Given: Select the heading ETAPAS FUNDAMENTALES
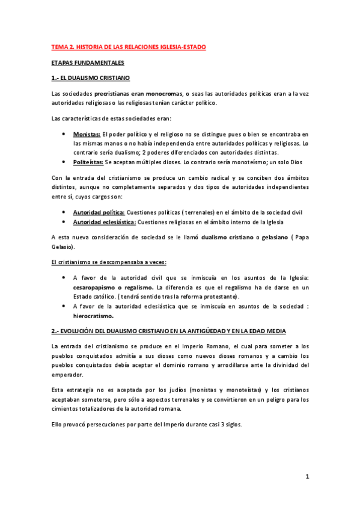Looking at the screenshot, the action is pyautogui.click(x=87, y=63).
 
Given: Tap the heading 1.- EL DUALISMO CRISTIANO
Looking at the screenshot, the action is pyautogui.click(x=91, y=78).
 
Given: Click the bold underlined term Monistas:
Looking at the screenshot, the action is pyautogui.click(x=87, y=134).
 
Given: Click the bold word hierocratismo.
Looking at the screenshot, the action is pyautogui.click(x=93, y=316).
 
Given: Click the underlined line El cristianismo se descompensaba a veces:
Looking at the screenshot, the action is pyautogui.click(x=109, y=262).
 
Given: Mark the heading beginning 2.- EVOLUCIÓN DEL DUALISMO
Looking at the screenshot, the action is pyautogui.click(x=169, y=331).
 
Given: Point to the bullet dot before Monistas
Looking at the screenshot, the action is pyautogui.click(x=64, y=134).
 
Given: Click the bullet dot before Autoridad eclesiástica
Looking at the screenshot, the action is pyautogui.click(x=64, y=222).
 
